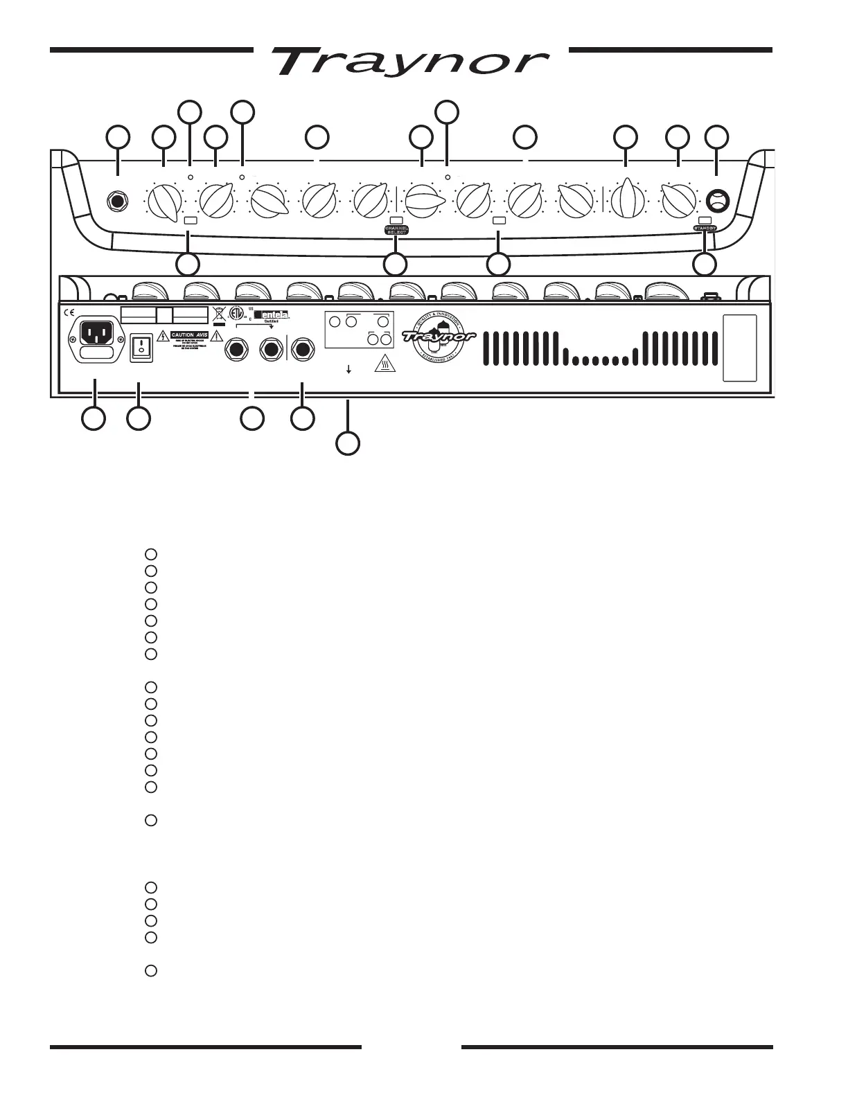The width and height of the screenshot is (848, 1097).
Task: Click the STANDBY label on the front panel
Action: point(705,228)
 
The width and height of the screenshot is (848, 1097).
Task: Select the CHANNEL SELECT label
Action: point(396,229)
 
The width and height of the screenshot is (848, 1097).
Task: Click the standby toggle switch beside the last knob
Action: point(718,202)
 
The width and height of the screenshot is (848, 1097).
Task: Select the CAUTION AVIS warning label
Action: point(186,335)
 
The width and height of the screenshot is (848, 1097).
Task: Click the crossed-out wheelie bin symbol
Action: point(220,316)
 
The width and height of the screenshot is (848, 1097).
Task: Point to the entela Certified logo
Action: point(272,316)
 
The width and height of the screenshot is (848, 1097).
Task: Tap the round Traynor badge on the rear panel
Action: point(439,337)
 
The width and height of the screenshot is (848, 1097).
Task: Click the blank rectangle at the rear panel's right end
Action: point(741,348)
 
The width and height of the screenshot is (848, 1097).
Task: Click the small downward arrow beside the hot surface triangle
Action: point(348,370)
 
